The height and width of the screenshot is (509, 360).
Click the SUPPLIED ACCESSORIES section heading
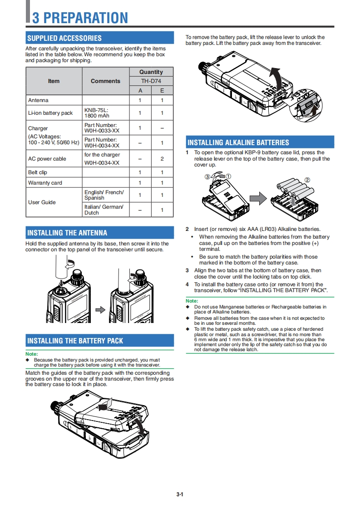64,38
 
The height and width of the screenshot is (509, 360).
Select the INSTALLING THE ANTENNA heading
67,233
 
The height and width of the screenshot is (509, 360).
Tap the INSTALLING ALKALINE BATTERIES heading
238,142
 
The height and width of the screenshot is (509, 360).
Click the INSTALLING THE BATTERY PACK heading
75,341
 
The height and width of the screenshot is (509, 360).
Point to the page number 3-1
180,494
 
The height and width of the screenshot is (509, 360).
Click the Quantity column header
151,72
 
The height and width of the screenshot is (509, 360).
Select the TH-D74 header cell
151,81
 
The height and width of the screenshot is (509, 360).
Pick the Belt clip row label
38,172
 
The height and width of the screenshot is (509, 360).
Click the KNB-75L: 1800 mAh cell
97,113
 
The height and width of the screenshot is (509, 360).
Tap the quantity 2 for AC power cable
162,159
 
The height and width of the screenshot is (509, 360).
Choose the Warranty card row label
45,183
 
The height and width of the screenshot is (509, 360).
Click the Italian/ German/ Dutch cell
104,210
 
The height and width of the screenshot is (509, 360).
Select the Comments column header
105,81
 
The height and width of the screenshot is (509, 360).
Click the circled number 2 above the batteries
308,180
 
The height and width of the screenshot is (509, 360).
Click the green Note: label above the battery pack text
31,354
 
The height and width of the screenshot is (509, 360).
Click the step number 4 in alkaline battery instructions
187,284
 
